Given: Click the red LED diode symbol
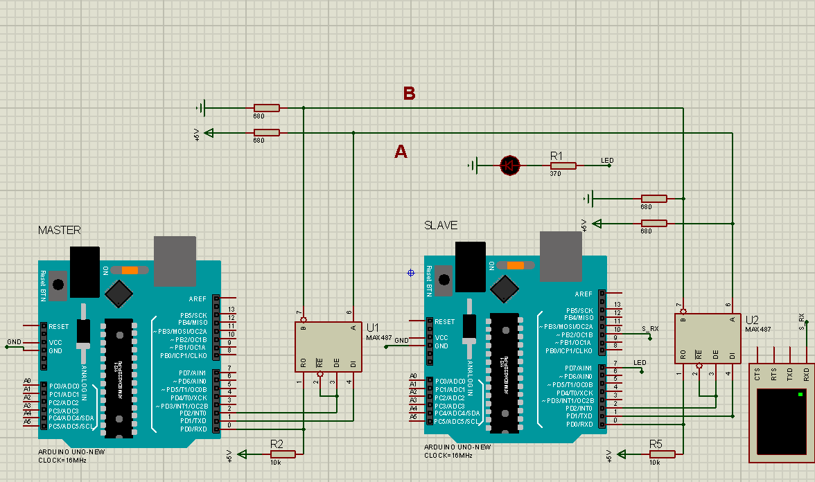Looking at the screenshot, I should click(x=510, y=165).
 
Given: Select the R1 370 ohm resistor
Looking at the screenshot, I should click(x=563, y=166).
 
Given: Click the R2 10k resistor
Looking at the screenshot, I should click(x=283, y=454).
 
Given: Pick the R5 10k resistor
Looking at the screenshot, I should click(x=663, y=454).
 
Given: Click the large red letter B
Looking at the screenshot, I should click(x=409, y=93).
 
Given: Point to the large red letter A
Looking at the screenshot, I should click(x=401, y=152).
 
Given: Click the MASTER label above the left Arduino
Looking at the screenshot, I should click(x=60, y=230).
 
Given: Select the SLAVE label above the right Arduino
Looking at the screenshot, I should click(x=441, y=225).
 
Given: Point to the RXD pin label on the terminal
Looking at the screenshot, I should click(x=806, y=375).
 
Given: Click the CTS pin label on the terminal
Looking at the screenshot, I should click(x=757, y=375).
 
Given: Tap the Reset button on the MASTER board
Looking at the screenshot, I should click(x=59, y=285).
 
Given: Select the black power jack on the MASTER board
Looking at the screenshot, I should click(x=85, y=271).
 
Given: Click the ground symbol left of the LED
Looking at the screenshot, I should click(x=473, y=165).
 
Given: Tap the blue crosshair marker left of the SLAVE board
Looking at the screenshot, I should click(x=411, y=273).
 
